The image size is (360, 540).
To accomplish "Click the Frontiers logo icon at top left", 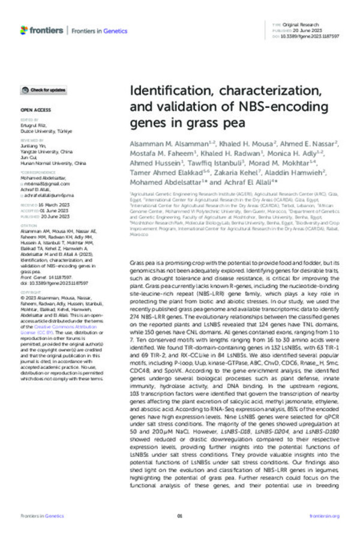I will [x=23, y=29].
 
